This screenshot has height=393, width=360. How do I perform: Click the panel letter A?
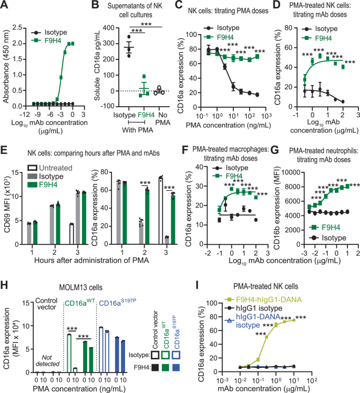[5, 6]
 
